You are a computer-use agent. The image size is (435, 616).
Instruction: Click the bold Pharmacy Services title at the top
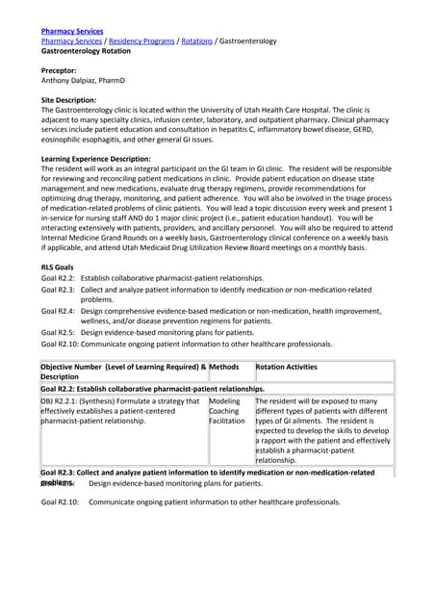click(72, 32)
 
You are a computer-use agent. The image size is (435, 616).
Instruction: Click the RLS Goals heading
click(58, 267)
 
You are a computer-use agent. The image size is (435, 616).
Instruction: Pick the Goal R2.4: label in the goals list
click(59, 311)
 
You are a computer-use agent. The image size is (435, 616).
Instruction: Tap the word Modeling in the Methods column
click(225, 400)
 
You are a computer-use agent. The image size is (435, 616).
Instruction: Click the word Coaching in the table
click(225, 411)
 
